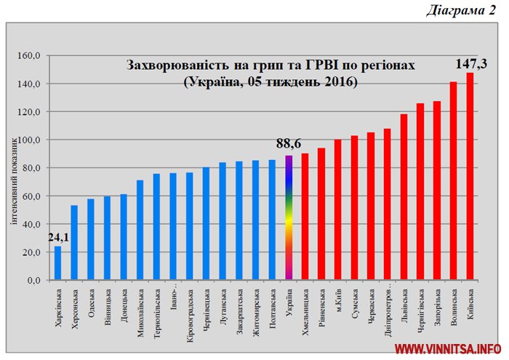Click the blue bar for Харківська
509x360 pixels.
coord(57,263)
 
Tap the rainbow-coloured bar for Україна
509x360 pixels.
coord(289,218)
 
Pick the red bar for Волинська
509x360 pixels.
coord(454,181)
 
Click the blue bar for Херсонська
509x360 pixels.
coord(74,243)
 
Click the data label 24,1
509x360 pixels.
coord(60,237)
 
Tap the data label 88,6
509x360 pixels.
coord(289,145)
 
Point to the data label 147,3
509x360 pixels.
coord(470,63)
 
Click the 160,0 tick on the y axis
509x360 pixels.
coord(33,56)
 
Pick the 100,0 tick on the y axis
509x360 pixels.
coord(33,140)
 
